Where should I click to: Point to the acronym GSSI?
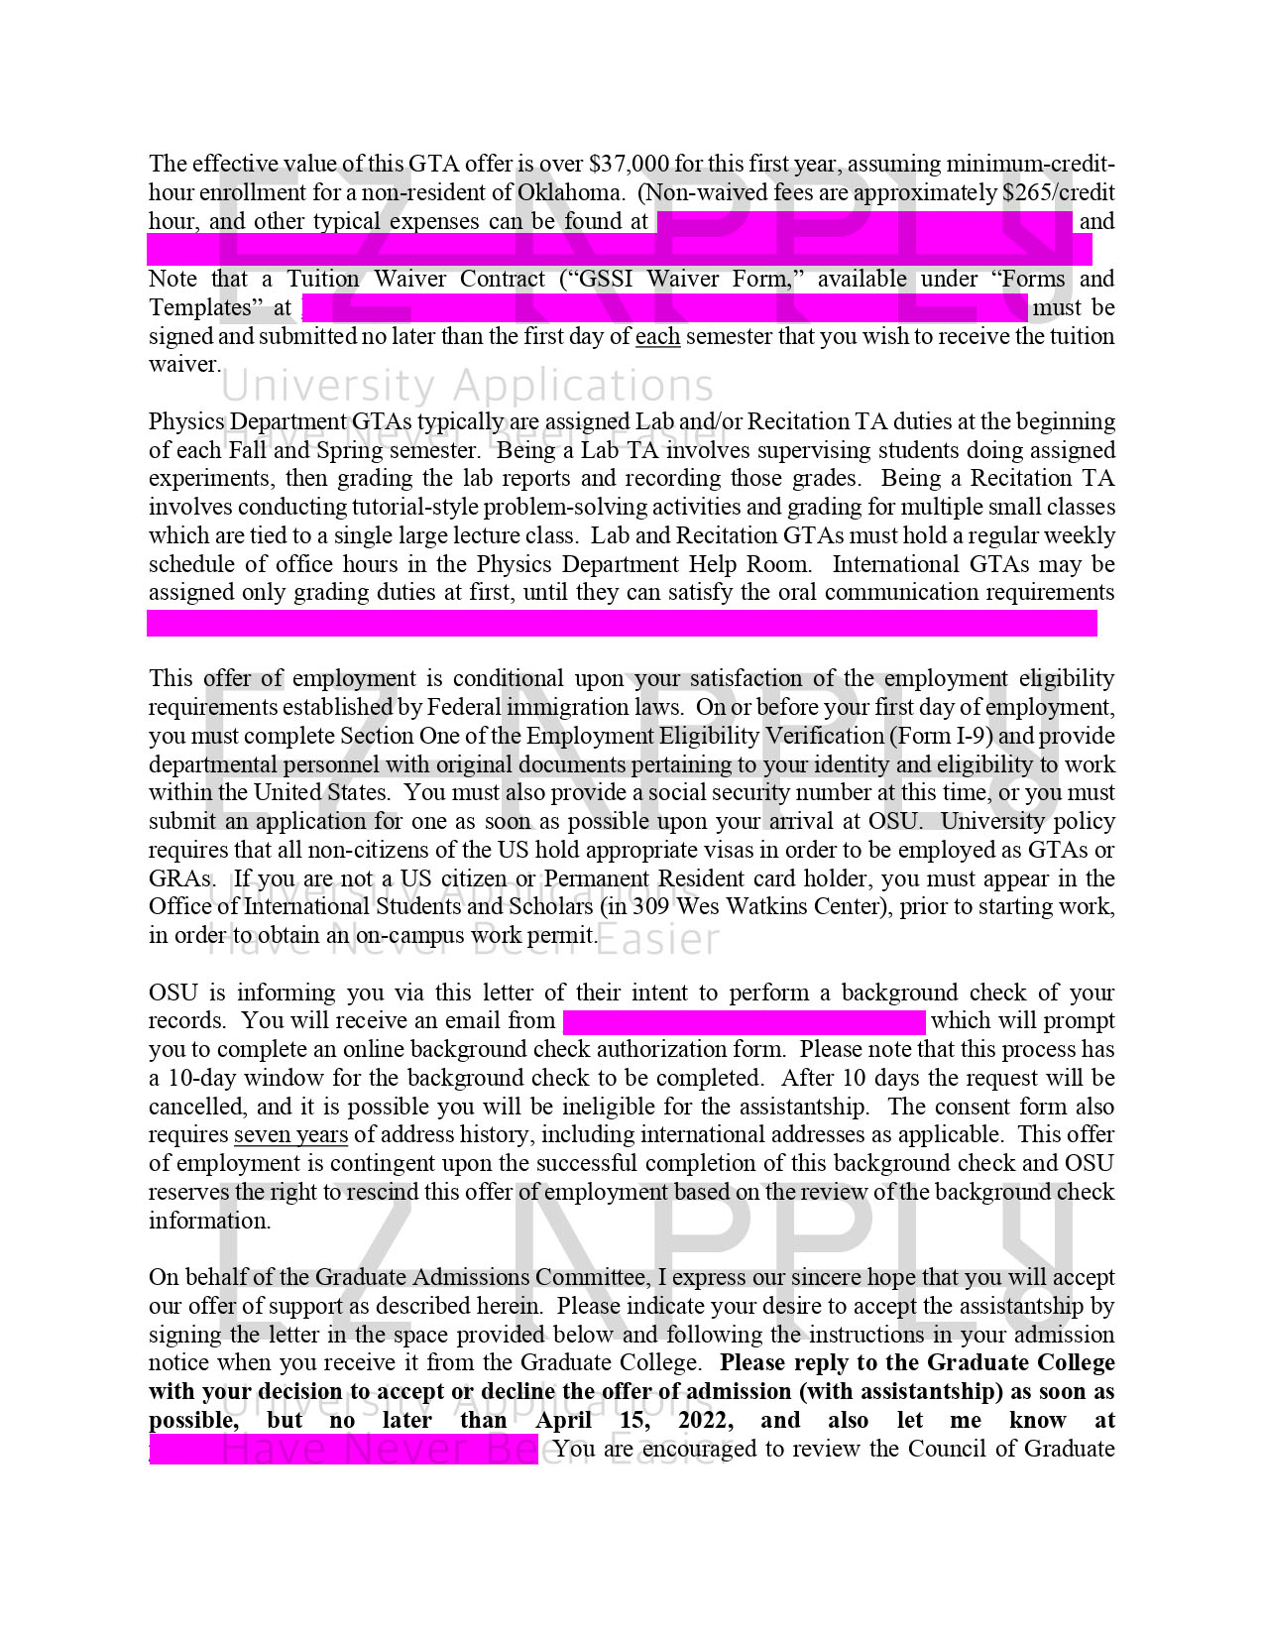[603, 279]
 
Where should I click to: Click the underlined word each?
[657, 336]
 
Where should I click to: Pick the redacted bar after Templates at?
[664, 307]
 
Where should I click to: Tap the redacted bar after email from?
[744, 1021]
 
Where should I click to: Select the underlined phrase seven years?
[290, 1134]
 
